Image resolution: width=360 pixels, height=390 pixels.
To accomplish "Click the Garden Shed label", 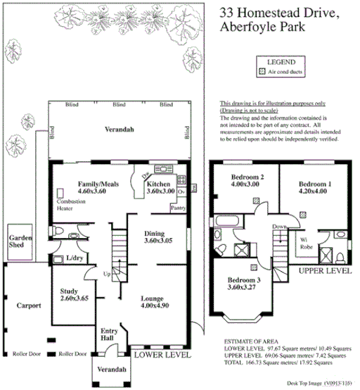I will (16, 243).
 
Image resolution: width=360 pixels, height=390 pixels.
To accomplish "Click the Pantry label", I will (178, 208).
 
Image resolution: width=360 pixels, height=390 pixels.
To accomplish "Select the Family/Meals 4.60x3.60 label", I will (97, 187).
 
